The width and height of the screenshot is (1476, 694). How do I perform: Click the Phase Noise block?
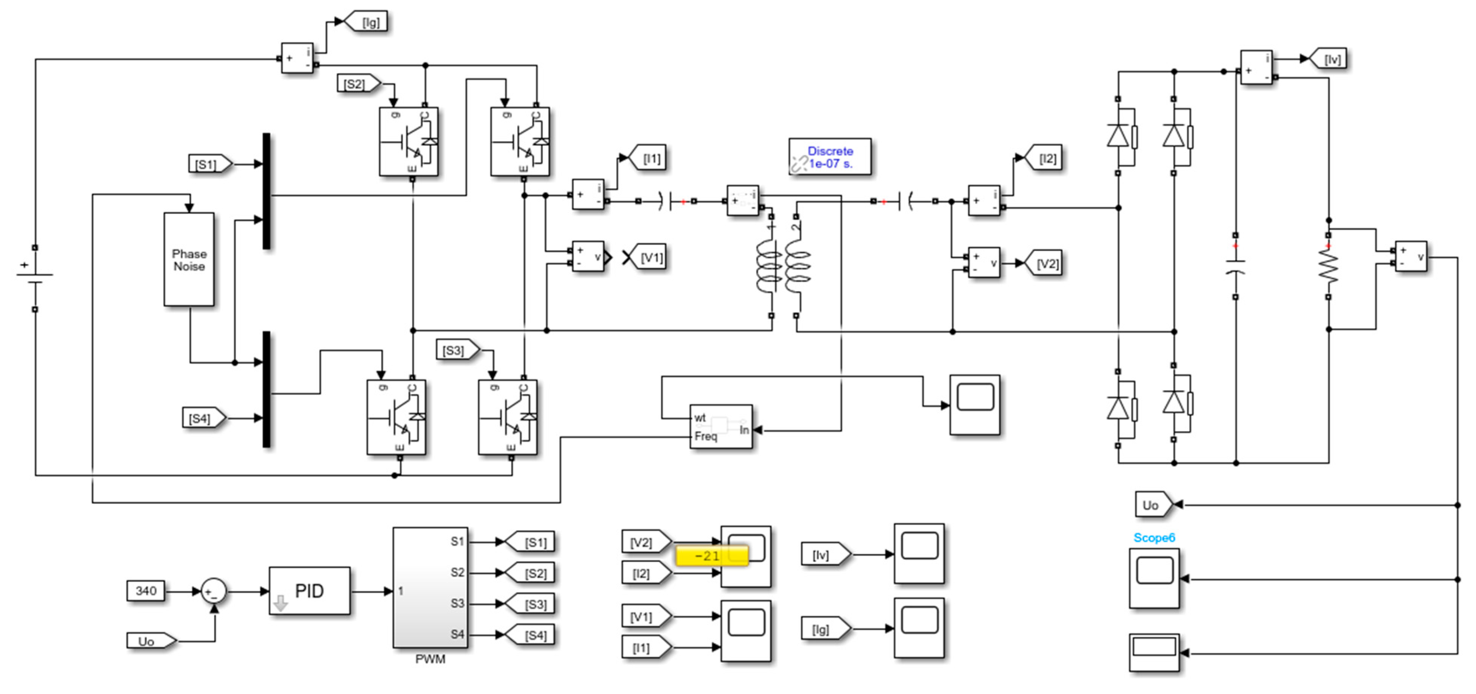click(189, 260)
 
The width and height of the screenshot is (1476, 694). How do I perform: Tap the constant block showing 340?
click(146, 591)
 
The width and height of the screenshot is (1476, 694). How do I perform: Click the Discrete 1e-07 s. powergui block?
click(829, 157)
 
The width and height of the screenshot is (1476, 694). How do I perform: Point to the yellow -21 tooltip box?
click(712, 555)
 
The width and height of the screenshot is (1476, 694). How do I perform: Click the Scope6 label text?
click(1154, 538)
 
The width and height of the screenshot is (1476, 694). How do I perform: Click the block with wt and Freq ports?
click(720, 427)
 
